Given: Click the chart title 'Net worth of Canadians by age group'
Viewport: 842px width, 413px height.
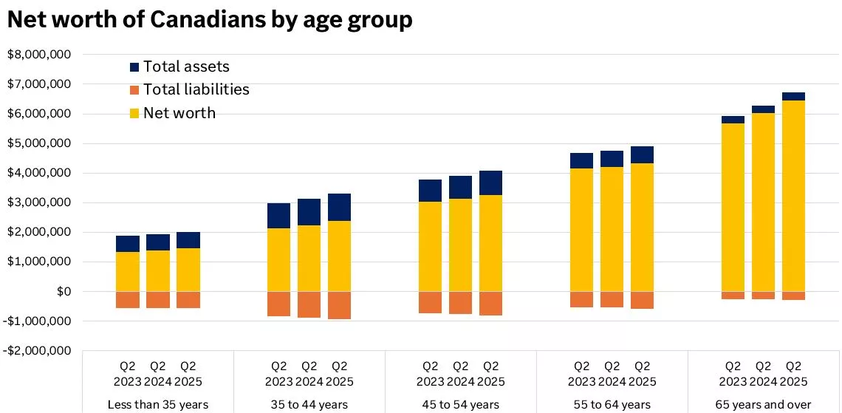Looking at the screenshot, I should coord(209,19).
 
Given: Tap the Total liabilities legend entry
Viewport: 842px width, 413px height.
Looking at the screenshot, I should coord(196,89).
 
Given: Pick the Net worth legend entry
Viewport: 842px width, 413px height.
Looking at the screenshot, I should coord(179,113).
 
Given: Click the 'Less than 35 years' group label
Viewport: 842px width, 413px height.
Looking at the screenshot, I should coord(157,404).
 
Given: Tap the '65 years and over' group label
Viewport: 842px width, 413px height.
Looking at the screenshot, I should coord(763,404).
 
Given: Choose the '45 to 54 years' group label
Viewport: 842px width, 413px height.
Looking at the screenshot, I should coord(460,404).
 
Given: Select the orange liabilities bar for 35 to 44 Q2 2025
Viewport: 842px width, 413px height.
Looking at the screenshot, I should coord(339,305).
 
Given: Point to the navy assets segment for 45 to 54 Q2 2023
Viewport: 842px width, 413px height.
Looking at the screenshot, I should coord(430,191).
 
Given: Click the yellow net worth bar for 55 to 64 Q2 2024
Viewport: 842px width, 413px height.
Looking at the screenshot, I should coord(612,229).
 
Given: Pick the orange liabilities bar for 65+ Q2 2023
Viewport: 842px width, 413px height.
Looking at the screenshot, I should coord(733,296).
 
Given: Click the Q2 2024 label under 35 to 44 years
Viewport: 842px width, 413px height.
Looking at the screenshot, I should coord(309,373).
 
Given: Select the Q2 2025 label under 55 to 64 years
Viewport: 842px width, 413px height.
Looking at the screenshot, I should coord(642,373).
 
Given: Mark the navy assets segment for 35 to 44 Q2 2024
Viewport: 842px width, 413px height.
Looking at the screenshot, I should coord(309,212).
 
